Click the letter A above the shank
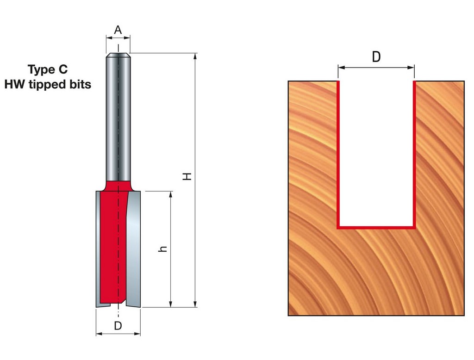(x=118, y=30)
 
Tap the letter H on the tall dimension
(x=187, y=176)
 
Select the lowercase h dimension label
(x=162, y=249)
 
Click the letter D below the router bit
(x=118, y=326)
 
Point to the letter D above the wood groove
(x=376, y=57)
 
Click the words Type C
(x=48, y=69)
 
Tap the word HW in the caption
(x=14, y=84)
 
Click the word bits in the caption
(x=81, y=84)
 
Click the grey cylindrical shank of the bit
(x=118, y=118)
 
